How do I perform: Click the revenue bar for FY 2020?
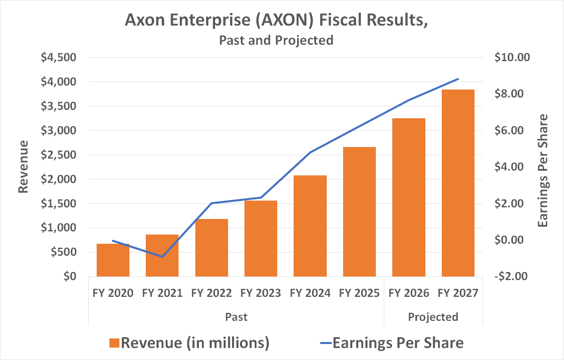click(x=113, y=260)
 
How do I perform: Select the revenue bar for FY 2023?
click(x=261, y=239)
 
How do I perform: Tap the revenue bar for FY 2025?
click(x=359, y=212)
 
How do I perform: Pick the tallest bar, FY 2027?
click(x=458, y=183)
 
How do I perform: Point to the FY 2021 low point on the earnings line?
click(x=162, y=257)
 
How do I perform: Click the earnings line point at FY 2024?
click(x=310, y=153)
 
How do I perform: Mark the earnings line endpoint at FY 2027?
click(x=458, y=79)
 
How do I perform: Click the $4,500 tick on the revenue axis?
click(x=58, y=58)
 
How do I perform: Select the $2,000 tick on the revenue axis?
click(x=58, y=179)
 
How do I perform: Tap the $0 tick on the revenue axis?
click(x=70, y=276)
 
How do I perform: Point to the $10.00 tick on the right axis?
click(x=512, y=58)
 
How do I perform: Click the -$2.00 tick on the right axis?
click(x=511, y=276)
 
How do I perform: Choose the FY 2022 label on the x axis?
click(x=211, y=293)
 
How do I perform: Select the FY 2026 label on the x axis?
click(x=409, y=293)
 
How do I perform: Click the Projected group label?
click(x=433, y=317)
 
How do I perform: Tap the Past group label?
click(x=236, y=317)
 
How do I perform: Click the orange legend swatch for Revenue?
click(x=114, y=343)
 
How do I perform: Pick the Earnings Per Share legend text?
click(x=398, y=343)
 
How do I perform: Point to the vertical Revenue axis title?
click(x=24, y=167)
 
